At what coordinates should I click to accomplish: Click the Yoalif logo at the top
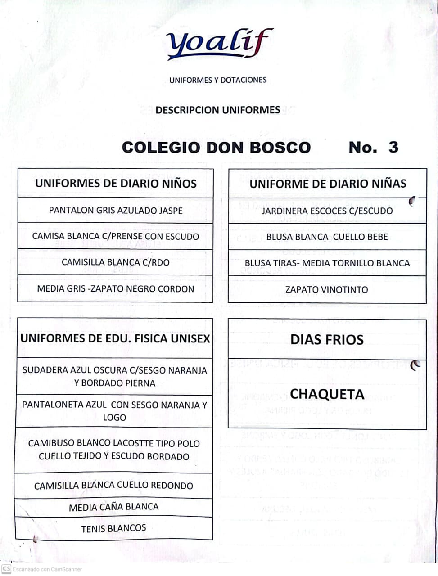[x=219, y=44]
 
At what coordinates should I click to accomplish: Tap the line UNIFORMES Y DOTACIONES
[x=218, y=80]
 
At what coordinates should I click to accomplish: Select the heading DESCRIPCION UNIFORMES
[x=218, y=110]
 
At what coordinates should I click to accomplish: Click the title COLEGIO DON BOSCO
[x=216, y=148]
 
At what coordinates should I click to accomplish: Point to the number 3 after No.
[x=393, y=147]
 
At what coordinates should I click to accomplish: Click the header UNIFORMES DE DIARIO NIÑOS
[x=116, y=184]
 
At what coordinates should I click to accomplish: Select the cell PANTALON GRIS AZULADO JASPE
[x=116, y=210]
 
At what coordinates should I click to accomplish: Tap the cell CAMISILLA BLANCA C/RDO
[x=116, y=262]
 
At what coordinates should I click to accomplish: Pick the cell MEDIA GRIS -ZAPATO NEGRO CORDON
[x=116, y=289]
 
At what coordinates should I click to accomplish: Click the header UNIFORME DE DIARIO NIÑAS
[x=328, y=184]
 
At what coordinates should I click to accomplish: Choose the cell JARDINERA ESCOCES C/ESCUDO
[x=327, y=211]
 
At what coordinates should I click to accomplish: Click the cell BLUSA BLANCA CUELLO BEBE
[x=327, y=237]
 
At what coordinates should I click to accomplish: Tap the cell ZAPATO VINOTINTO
[x=327, y=290]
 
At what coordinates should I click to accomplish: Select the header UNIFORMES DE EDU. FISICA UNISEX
[x=115, y=339]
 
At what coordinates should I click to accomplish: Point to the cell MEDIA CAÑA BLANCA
[x=114, y=508]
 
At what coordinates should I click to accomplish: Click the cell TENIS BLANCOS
[x=114, y=528]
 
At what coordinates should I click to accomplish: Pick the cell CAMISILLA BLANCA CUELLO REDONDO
[x=114, y=486]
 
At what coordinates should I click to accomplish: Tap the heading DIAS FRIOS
[x=327, y=340]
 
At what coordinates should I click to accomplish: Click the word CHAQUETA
[x=327, y=395]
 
